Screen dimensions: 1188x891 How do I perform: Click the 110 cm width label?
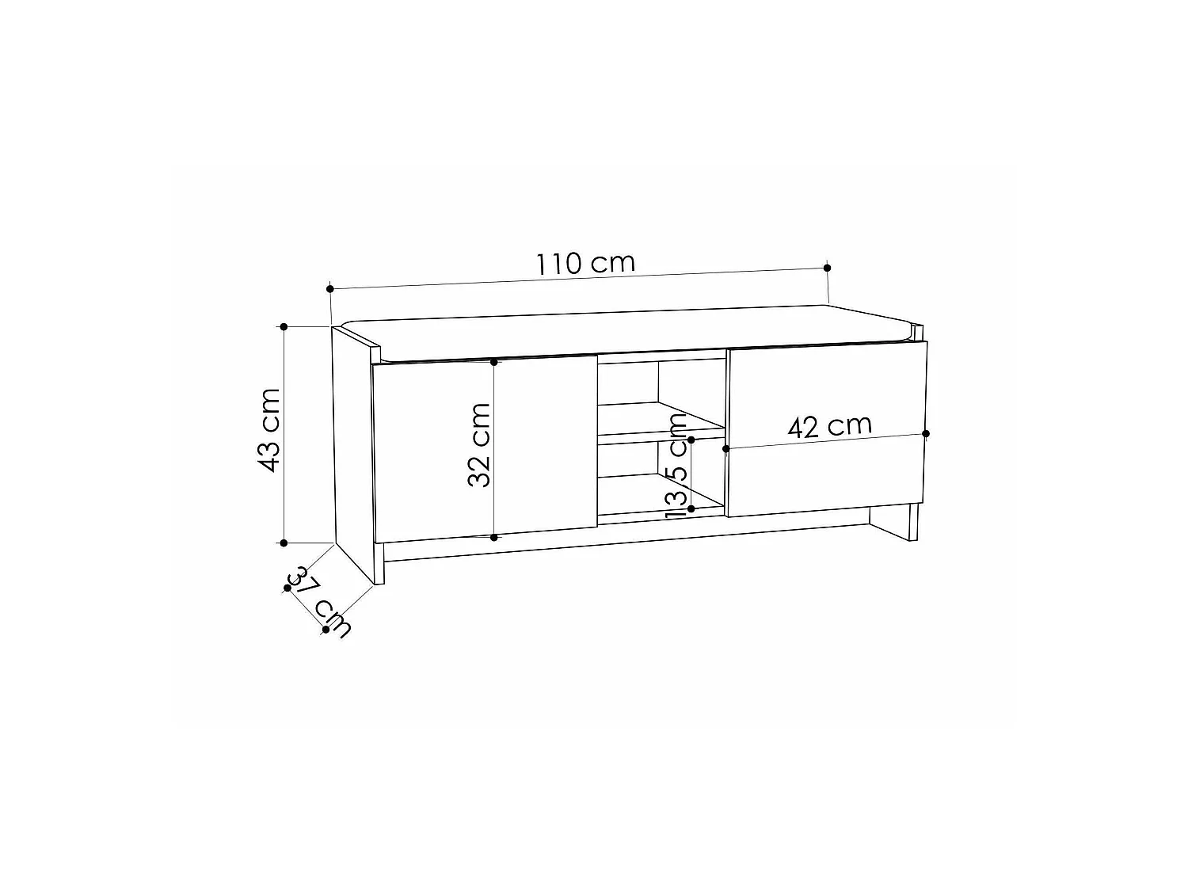585,263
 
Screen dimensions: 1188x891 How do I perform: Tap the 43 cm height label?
268,430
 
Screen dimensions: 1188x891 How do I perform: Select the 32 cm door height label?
478,444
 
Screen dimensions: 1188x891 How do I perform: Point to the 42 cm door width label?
829,426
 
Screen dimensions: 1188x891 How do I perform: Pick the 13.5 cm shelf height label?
676,466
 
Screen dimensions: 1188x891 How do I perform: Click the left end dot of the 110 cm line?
330,289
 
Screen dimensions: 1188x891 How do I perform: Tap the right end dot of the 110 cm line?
827,268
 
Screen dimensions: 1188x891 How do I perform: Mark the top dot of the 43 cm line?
284,327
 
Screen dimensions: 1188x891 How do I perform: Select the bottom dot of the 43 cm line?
284,543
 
